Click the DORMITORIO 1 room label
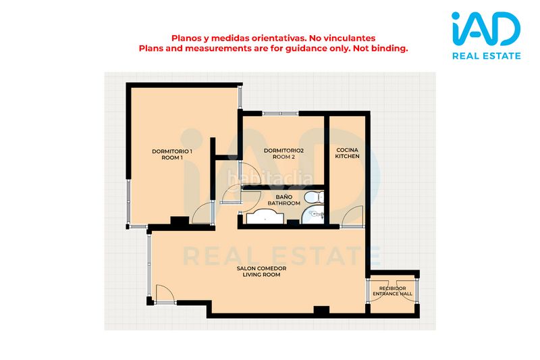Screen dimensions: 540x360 pyautogui.click(x=172, y=155)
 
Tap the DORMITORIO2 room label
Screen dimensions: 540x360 pyautogui.click(x=283, y=153)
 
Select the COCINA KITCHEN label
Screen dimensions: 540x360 pyautogui.click(x=347, y=153)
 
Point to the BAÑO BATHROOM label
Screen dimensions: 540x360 pyautogui.click(x=283, y=200)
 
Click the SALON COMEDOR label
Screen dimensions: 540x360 pyautogui.click(x=261, y=268)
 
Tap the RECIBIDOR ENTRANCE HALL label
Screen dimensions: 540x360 pyautogui.click(x=393, y=291)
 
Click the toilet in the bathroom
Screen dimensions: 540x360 pyautogui.click(x=314, y=197)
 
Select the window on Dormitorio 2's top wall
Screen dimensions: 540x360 pyautogui.click(x=280, y=113)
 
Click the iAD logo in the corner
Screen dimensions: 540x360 pyautogui.click(x=486, y=28)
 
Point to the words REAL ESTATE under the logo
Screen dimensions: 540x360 pyautogui.click(x=486, y=56)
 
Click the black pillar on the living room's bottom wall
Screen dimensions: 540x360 pyautogui.click(x=321, y=310)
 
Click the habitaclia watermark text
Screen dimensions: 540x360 pyautogui.click(x=271, y=178)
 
